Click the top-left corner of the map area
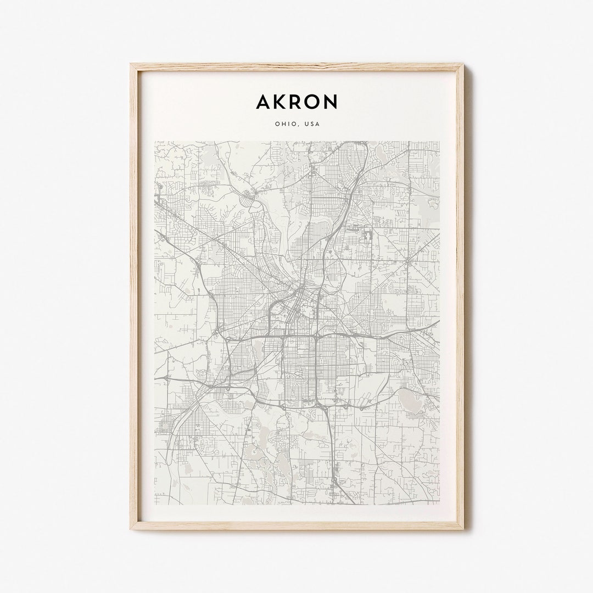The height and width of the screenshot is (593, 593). (155, 142)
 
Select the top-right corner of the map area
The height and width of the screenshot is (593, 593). (439, 142)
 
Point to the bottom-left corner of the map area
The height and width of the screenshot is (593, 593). (155, 504)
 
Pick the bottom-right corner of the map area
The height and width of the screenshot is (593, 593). (439, 504)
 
